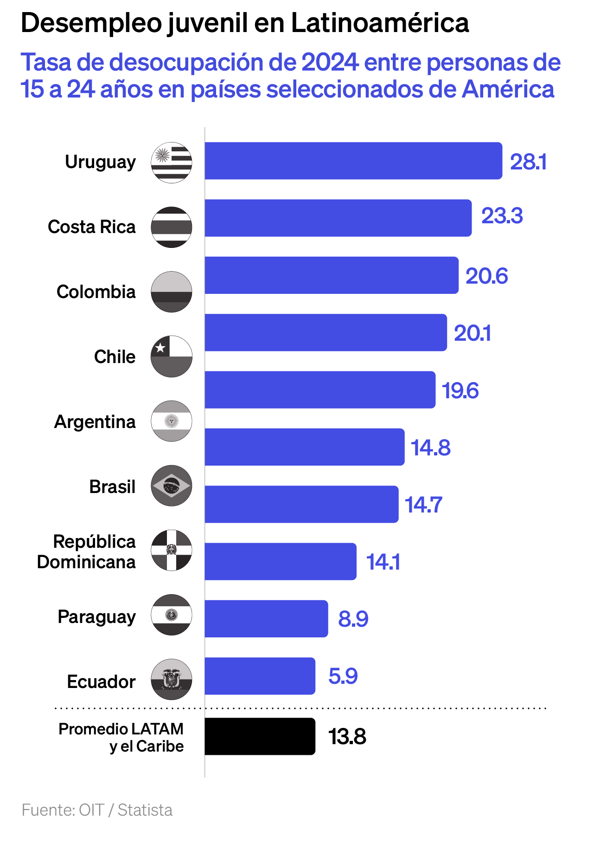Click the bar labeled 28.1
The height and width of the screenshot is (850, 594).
[353, 161]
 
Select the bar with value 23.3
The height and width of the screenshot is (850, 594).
[338, 218]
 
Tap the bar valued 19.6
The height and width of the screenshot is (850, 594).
[320, 389]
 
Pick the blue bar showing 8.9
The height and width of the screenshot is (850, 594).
[266, 618]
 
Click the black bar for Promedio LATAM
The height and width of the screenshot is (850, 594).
[260, 736]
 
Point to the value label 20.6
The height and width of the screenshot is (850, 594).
[486, 276]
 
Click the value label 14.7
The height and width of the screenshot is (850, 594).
[423, 505]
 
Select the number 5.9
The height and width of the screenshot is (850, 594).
[343, 676]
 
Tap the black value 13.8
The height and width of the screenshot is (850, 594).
[347, 737]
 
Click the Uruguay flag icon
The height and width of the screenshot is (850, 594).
[172, 162]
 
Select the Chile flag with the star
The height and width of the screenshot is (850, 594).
[172, 357]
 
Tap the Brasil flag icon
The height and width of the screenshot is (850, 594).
[172, 486]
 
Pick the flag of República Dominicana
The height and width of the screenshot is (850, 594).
[172, 550]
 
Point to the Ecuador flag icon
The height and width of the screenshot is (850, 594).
[172, 679]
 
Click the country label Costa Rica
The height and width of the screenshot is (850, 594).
[92, 227]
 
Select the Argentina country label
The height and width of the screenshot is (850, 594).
[95, 422]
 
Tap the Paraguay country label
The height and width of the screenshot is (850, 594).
[97, 617]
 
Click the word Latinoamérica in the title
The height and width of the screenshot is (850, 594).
[380, 23]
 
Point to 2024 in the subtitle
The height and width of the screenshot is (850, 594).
[330, 62]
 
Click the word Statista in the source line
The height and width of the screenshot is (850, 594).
[145, 810]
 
